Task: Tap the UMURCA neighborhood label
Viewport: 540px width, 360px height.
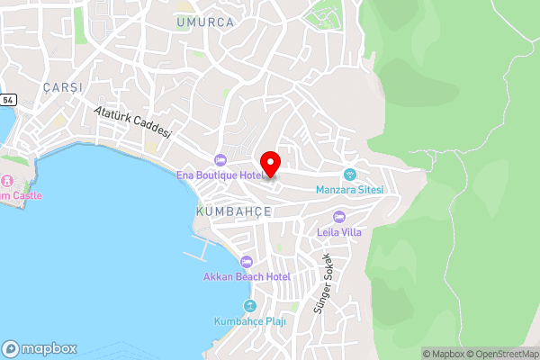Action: [205, 22]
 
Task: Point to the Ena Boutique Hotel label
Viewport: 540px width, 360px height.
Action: [219, 175]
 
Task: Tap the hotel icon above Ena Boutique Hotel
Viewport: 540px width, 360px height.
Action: [220, 159]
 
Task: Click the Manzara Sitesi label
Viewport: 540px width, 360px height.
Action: [350, 190]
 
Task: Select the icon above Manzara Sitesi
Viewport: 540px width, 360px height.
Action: [350, 175]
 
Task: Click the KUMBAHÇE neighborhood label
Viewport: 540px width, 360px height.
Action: [233, 211]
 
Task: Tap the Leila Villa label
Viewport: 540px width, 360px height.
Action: [339, 231]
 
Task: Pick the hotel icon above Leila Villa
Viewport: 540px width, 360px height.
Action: [339, 216]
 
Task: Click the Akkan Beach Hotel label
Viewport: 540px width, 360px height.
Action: [247, 276]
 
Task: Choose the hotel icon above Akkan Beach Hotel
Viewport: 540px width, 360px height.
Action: [247, 261]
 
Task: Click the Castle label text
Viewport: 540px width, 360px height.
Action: [20, 195]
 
